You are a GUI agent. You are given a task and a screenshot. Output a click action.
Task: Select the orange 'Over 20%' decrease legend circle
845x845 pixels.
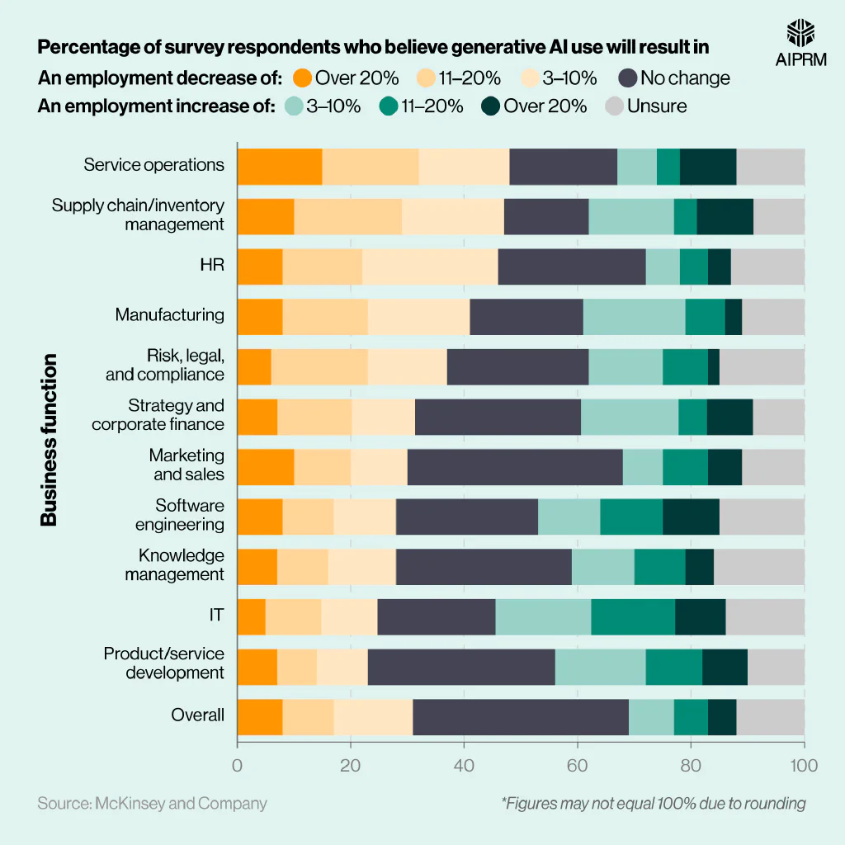coord(303,78)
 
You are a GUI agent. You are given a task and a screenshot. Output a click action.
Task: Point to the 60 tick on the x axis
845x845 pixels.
coord(578,765)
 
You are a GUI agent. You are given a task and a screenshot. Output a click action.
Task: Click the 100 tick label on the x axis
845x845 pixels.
coord(804,765)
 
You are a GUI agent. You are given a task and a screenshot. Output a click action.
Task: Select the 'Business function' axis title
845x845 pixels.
coord(50,439)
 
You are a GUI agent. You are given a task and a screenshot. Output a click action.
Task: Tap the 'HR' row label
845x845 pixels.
coord(212,264)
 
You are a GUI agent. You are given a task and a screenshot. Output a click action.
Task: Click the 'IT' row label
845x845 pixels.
coord(216,615)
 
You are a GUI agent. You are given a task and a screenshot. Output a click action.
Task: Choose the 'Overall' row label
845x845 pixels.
coord(197,715)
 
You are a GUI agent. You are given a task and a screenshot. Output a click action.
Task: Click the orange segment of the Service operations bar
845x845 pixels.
coord(280,167)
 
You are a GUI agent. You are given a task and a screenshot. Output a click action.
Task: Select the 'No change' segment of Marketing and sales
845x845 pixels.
coord(515,466)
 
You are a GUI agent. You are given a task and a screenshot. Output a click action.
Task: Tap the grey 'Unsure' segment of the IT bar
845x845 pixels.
coord(765,616)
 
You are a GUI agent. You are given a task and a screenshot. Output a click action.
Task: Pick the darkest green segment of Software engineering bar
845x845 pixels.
coord(691,517)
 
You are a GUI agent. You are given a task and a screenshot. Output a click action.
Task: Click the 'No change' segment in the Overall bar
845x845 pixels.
coord(521,716)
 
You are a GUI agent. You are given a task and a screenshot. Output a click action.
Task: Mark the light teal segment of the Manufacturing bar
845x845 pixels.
coord(634,316)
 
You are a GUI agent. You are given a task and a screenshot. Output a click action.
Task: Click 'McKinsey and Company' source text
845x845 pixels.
coord(152,803)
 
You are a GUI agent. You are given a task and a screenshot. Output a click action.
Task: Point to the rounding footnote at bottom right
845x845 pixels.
coord(653,803)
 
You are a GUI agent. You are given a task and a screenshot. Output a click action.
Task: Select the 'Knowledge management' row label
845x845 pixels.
coord(174,565)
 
